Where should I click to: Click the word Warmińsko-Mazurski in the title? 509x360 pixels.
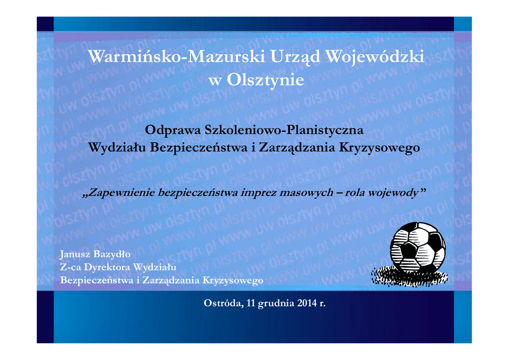tap(176, 57)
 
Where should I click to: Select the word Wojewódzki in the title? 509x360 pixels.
tap(375, 57)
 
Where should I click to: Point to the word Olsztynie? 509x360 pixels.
tap(265, 80)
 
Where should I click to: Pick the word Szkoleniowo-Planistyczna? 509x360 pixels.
tap(284, 130)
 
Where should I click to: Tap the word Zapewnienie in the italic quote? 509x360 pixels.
tap(119, 193)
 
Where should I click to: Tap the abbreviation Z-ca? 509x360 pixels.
tap(71, 268)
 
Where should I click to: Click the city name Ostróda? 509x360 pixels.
tap(224, 303)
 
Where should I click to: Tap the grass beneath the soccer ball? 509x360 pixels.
tap(410, 277)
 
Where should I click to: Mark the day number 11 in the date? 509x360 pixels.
tap(251, 303)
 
